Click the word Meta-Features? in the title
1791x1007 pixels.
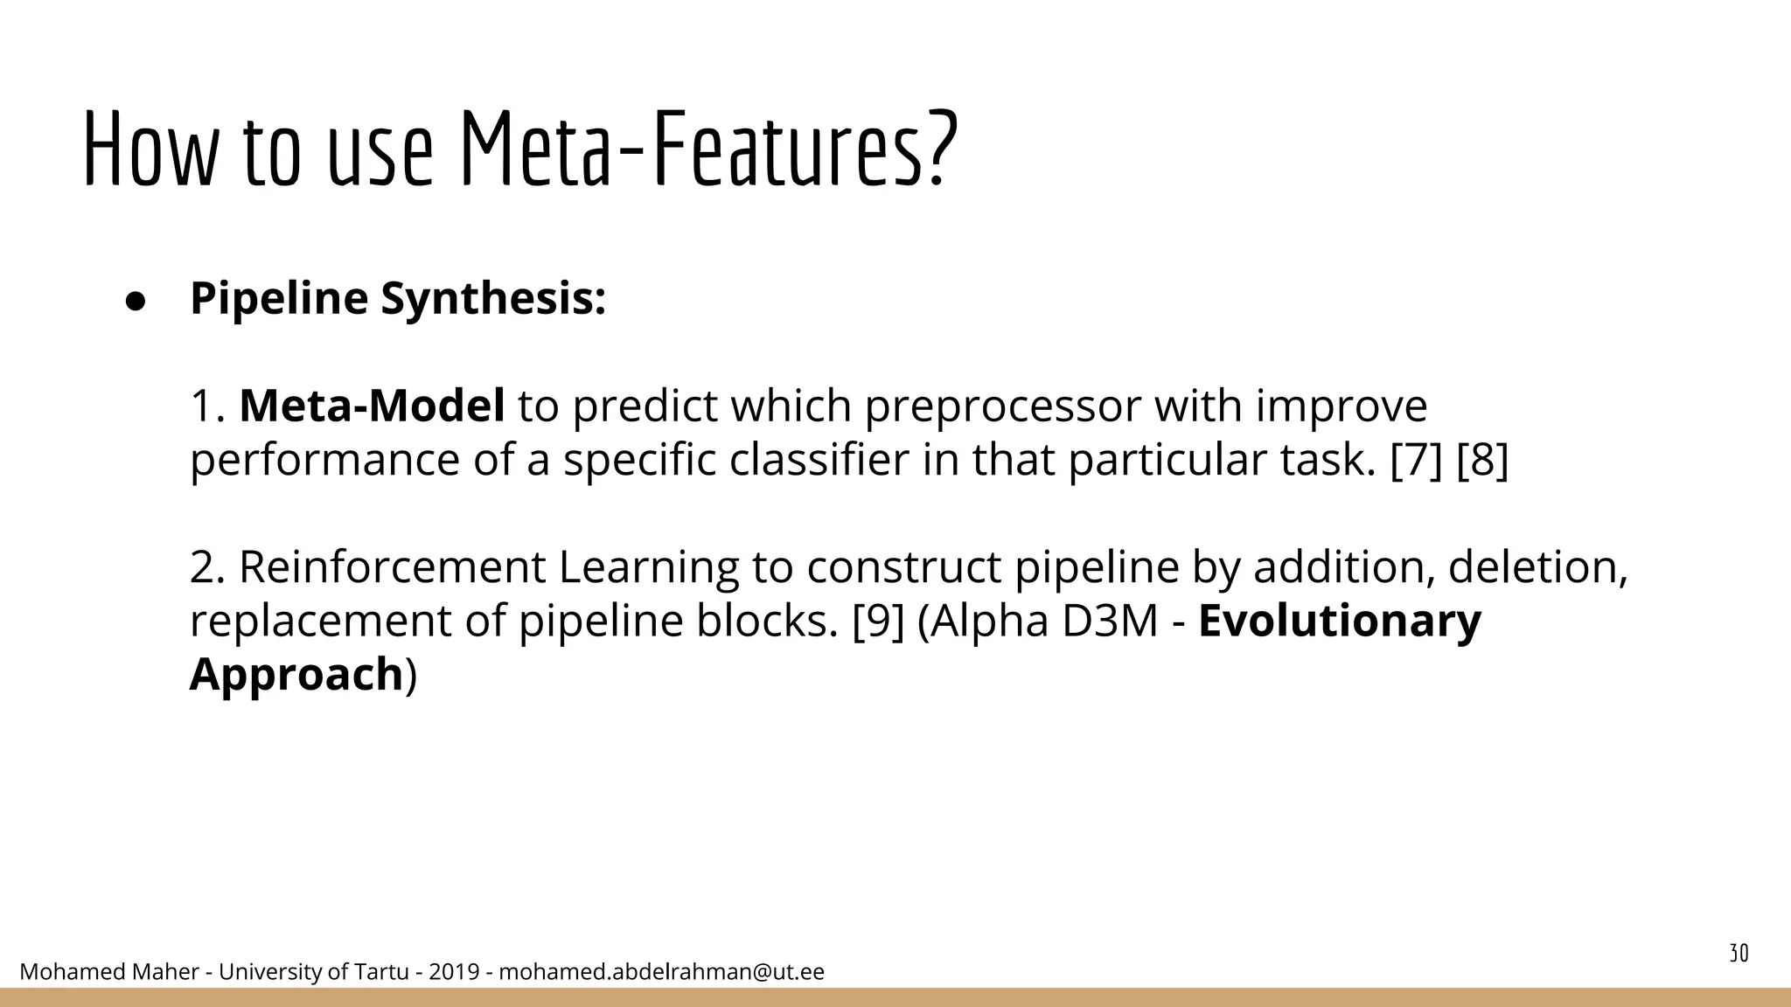coord(708,149)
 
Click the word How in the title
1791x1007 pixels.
coord(149,149)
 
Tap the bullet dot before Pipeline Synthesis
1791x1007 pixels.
coord(135,300)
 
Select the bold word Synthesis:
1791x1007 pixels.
coord(493,300)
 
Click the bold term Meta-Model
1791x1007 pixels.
coord(372,406)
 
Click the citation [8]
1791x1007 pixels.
coord(1482,461)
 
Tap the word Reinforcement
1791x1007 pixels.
coord(392,567)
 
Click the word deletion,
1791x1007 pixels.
coord(1537,567)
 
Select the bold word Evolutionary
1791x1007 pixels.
coord(1339,622)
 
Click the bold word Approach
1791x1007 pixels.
coord(296,675)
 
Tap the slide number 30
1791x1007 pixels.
coord(1739,954)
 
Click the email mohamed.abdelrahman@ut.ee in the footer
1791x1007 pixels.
coord(661,972)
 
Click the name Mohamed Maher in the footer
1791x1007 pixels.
coord(109,972)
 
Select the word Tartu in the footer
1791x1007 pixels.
coord(380,972)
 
